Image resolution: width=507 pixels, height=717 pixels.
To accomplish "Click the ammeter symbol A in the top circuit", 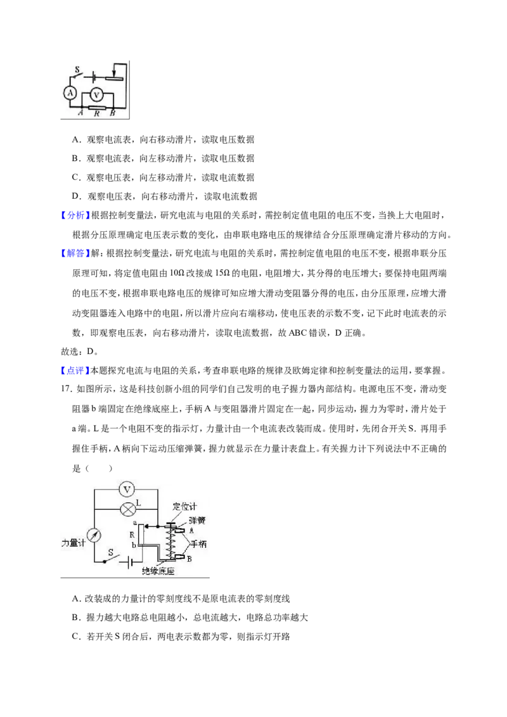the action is coord(70,93).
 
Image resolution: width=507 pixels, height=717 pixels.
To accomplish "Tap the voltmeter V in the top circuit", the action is coord(96,94).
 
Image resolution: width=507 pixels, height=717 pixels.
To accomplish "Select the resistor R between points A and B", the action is coord(96,108).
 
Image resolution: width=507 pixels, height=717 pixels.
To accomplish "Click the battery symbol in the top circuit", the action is coord(94,77).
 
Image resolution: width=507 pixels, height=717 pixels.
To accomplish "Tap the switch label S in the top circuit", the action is coord(77,70).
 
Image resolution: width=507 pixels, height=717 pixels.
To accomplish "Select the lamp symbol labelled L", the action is coord(127,509).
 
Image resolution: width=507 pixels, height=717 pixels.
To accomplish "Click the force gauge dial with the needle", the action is coord(94,535).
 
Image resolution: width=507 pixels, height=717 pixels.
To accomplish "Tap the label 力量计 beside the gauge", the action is coord(74,543).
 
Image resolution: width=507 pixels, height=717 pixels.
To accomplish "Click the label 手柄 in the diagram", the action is coord(198,543).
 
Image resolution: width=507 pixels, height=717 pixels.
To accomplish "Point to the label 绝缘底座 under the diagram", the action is coord(158,571).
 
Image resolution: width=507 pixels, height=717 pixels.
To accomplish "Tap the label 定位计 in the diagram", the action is coord(184,506).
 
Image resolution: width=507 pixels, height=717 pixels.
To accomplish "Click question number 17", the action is coord(67,389).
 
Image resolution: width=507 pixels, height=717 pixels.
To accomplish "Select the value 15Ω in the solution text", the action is coord(221,273).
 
